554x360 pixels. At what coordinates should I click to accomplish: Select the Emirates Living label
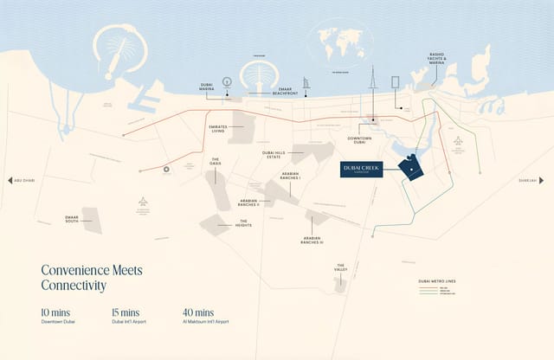[217, 128]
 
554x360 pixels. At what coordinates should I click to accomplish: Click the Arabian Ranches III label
[312, 240]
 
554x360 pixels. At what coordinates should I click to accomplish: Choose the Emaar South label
[73, 219]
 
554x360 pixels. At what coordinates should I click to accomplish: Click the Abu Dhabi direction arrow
[10, 180]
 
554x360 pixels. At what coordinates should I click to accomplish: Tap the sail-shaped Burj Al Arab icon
[306, 85]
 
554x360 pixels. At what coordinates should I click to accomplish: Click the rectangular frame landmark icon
[396, 82]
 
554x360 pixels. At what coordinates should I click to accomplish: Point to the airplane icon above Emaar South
[143, 202]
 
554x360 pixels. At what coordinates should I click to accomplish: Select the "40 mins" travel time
[199, 312]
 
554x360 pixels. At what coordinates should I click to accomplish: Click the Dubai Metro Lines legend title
[436, 281]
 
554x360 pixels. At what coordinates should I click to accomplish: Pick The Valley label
[341, 267]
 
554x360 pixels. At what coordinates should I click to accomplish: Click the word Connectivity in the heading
[74, 286]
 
